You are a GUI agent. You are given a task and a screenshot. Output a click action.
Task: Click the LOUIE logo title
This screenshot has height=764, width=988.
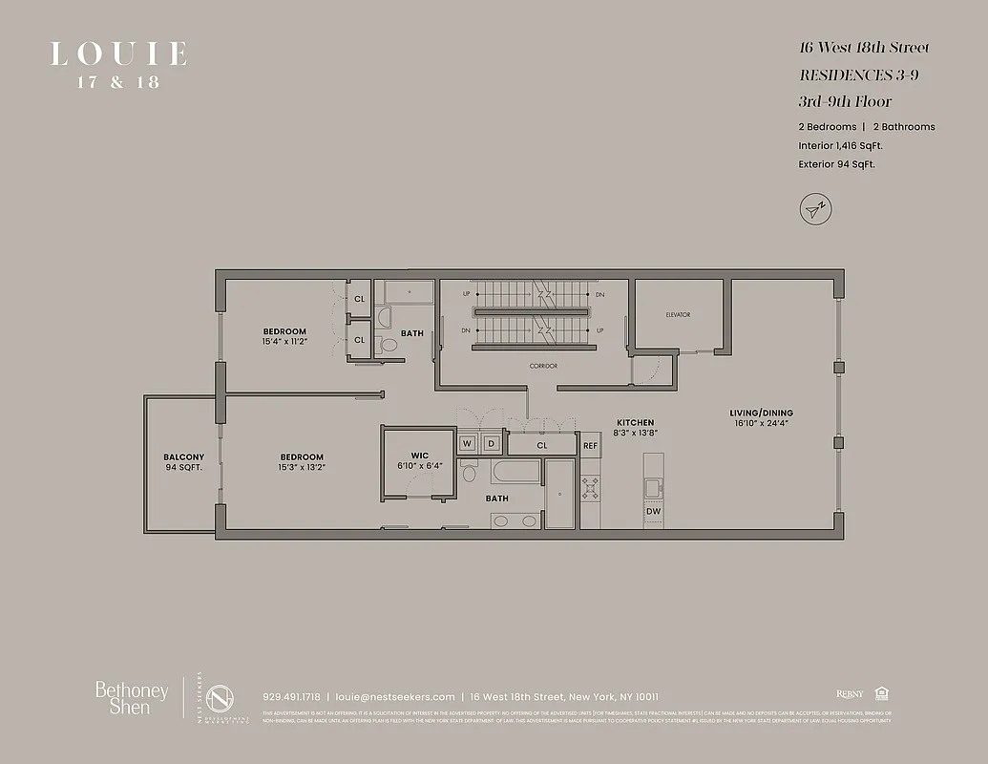(118, 53)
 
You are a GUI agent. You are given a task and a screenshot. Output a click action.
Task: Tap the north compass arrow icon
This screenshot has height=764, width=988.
(814, 208)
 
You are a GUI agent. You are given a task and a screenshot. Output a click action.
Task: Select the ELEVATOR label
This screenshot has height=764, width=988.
(678, 314)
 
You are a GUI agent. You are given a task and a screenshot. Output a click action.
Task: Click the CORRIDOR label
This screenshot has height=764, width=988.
(543, 366)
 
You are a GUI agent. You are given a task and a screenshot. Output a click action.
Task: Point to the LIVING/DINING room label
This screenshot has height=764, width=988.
(763, 414)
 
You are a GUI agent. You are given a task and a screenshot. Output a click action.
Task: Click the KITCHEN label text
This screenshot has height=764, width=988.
(635, 422)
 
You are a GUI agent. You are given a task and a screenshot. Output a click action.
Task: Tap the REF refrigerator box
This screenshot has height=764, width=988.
(590, 445)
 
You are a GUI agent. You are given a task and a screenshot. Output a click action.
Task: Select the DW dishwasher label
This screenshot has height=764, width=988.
(653, 512)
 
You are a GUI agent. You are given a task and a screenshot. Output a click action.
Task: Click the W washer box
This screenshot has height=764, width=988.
(468, 444)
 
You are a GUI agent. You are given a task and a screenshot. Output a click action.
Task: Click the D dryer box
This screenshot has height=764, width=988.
(492, 444)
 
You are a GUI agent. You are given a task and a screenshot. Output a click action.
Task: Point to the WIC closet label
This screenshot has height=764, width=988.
(419, 455)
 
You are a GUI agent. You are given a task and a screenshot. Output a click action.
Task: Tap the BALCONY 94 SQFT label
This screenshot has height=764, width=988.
(183, 462)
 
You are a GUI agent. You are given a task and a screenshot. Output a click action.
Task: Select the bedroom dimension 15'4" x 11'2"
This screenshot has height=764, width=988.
(284, 342)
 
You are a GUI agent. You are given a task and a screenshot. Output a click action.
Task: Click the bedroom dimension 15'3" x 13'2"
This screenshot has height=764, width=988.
(302, 467)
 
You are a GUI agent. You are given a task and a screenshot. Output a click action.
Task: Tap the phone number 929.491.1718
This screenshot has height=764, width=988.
(291, 696)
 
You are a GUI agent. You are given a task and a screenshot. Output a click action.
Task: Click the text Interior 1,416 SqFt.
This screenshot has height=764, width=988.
(840, 146)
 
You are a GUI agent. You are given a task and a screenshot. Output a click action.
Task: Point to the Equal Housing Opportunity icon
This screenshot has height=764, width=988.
(880, 694)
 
